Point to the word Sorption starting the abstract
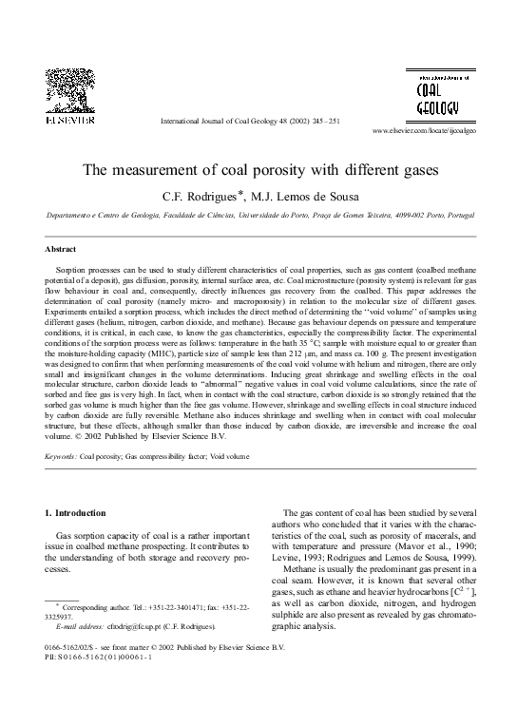coord(73,271)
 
